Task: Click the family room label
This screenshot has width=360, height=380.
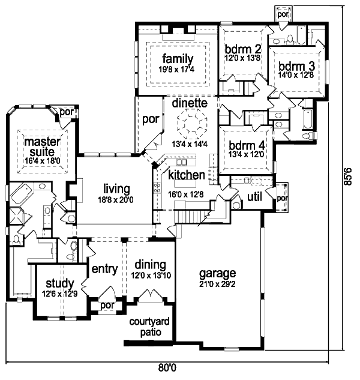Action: (x=176, y=59)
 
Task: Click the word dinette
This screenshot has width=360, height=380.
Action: (x=190, y=103)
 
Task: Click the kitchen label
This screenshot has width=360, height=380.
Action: (x=187, y=175)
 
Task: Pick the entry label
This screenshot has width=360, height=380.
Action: (x=104, y=268)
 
